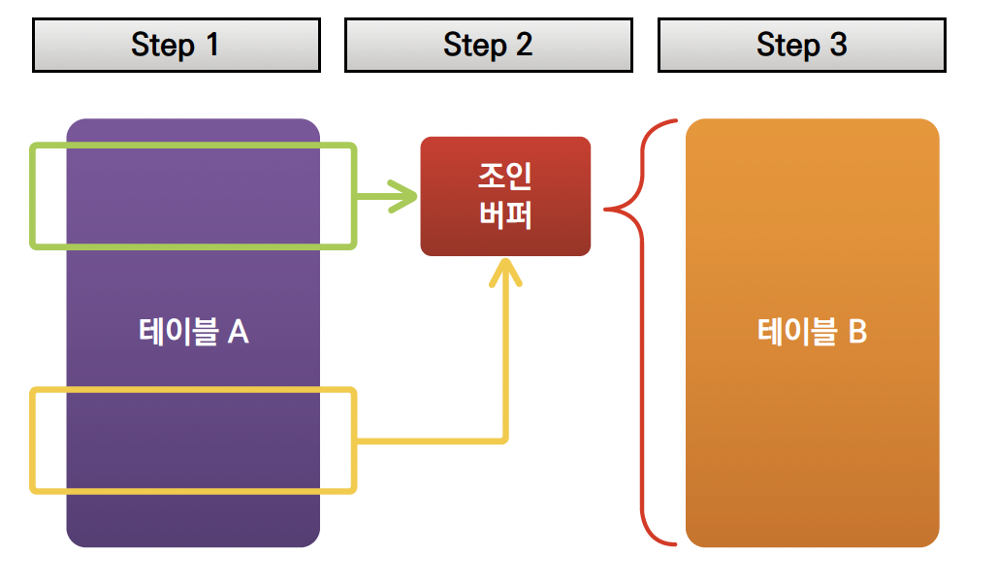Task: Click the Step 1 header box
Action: [x=176, y=45]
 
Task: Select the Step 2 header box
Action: [x=488, y=45]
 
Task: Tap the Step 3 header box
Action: [x=801, y=45]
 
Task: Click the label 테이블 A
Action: [x=193, y=332]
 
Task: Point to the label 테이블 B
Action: [x=812, y=332]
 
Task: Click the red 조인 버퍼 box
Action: [x=505, y=196]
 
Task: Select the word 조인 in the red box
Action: [x=505, y=178]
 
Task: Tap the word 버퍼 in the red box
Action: [x=505, y=214]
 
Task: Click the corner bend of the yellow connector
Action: [x=504, y=440]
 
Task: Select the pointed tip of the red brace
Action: [x=608, y=208]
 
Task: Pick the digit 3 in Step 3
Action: [x=837, y=45]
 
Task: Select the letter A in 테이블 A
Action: [x=238, y=332]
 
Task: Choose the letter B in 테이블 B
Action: [x=856, y=332]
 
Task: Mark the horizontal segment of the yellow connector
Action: [x=432, y=441]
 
